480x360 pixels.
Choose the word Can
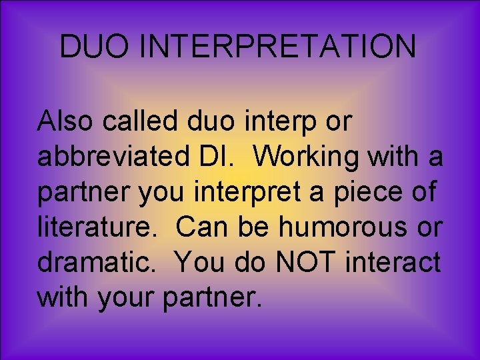[203, 228]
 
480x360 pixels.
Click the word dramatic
[100, 263]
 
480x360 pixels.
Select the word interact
[393, 263]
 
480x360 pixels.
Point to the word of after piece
[423, 193]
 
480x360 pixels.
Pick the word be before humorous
[256, 228]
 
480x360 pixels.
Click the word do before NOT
[254, 263]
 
